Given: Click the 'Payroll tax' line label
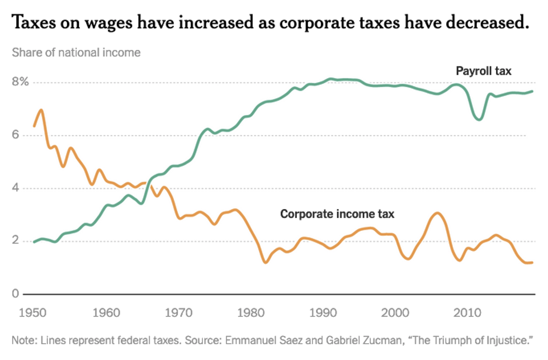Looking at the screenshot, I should [x=484, y=71].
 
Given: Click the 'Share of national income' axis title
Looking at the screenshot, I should [x=76, y=53].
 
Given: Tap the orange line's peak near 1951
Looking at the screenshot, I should [x=41, y=110].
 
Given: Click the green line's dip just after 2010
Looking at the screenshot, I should [x=479, y=119].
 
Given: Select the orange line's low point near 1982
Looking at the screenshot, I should [x=265, y=262].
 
